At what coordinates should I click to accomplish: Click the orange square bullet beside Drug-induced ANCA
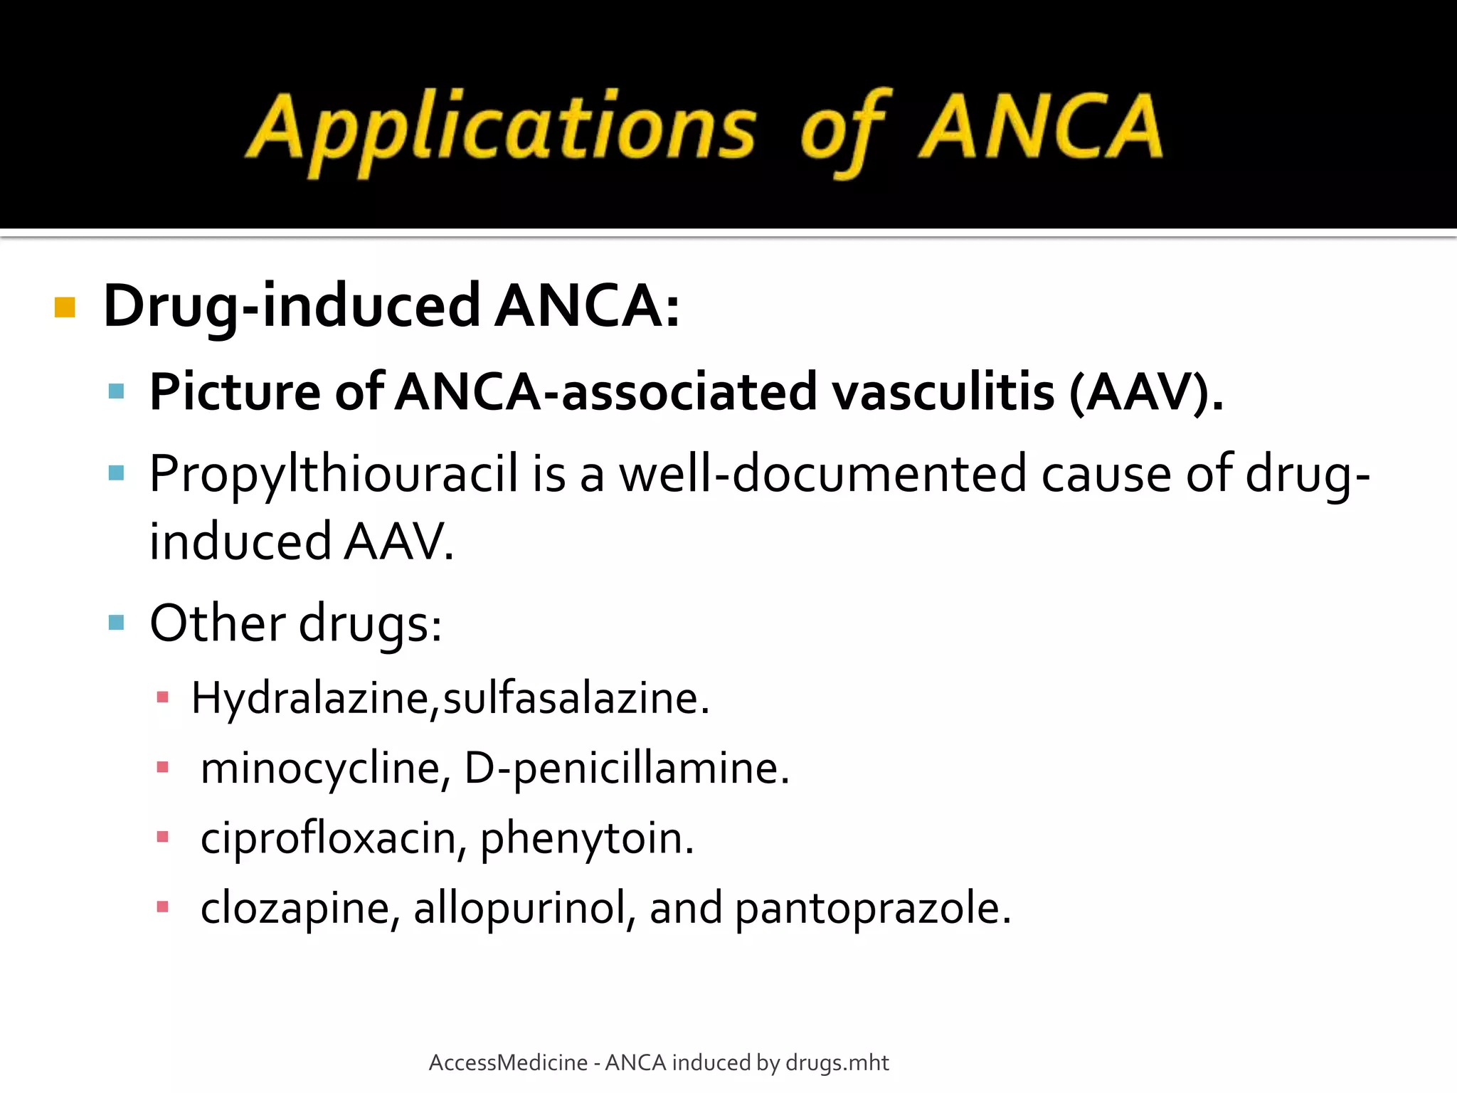pyautogui.click(x=65, y=307)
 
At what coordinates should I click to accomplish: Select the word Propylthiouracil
pyautogui.click(x=334, y=475)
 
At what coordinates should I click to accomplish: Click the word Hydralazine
pyautogui.click(x=310, y=698)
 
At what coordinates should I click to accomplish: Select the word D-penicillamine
pyautogui.click(x=626, y=769)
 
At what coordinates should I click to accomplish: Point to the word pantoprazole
pyautogui.click(x=871, y=909)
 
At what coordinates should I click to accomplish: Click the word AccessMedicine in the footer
pyautogui.click(x=508, y=1062)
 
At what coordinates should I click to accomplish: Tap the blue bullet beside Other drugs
pyautogui.click(x=117, y=623)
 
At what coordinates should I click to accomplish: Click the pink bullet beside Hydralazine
pyautogui.click(x=163, y=697)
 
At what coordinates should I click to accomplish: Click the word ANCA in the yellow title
pyautogui.click(x=1040, y=128)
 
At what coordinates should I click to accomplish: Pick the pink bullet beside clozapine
pyautogui.click(x=163, y=907)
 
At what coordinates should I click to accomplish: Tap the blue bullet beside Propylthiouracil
pyautogui.click(x=117, y=473)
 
